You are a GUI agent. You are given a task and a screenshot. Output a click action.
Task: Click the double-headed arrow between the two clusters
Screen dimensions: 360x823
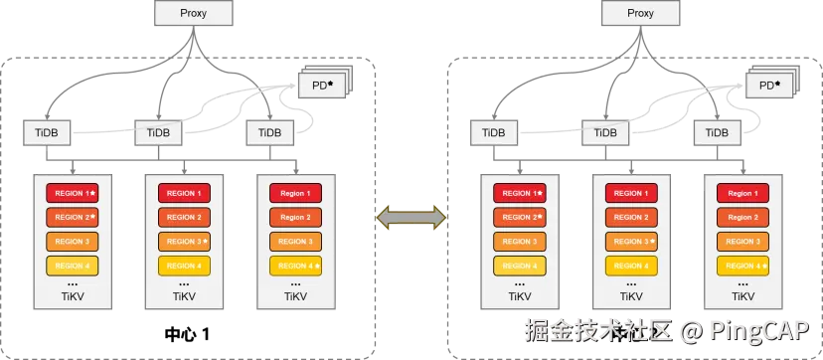(411, 218)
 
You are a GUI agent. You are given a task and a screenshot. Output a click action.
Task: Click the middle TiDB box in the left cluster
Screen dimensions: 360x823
(159, 133)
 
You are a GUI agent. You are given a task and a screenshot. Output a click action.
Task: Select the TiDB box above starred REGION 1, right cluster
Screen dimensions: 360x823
(494, 133)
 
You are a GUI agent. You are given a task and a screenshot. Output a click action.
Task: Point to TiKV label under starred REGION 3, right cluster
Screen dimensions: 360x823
(631, 296)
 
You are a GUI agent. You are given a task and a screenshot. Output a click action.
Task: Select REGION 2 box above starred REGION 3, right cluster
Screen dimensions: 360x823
(631, 217)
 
